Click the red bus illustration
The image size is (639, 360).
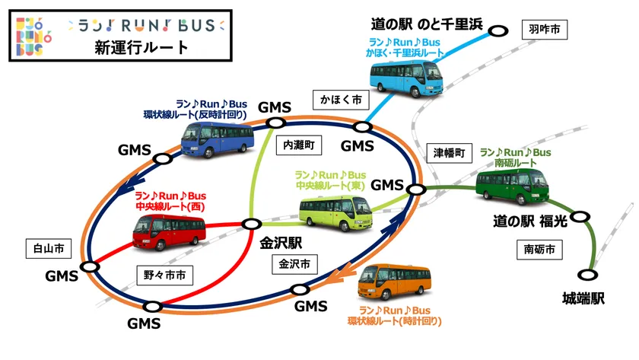tap(169, 231)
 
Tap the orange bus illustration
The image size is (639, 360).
tap(394, 284)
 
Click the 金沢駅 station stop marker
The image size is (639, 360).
tap(250, 224)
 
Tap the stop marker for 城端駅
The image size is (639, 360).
tap(587, 275)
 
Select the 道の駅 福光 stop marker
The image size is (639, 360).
tap(580, 216)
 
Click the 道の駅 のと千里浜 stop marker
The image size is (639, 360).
tap(498, 30)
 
